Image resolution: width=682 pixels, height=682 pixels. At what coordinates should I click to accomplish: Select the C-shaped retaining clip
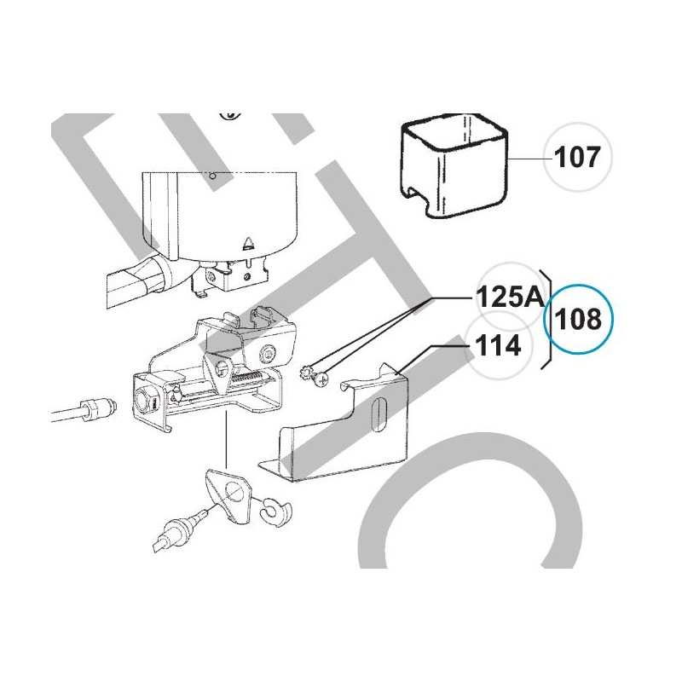[277, 509]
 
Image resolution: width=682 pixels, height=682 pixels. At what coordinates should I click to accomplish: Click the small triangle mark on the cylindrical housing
[248, 242]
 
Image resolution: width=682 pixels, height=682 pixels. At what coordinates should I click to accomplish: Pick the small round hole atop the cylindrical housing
[211, 177]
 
